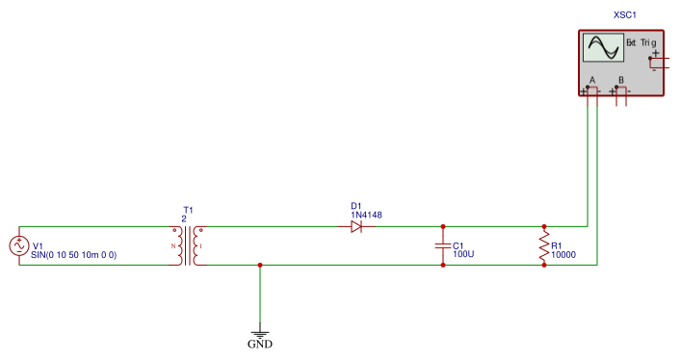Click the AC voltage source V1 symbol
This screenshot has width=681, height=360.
click(x=19, y=245)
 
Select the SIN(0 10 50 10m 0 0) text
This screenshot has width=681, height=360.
click(x=74, y=255)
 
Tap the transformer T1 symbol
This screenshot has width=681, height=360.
click(x=188, y=245)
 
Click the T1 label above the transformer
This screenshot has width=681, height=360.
click(x=188, y=210)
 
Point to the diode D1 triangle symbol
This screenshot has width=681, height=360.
click(x=356, y=226)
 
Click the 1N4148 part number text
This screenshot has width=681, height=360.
click(x=366, y=215)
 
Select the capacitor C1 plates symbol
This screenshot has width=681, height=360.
click(x=443, y=245)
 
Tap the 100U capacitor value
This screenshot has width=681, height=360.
click(x=463, y=254)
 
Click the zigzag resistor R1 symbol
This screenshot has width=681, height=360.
click(x=544, y=245)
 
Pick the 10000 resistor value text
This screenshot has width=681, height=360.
click(x=563, y=255)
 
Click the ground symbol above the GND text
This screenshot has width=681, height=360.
click(x=260, y=334)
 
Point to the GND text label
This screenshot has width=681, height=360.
click(x=260, y=345)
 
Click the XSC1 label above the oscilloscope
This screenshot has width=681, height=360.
click(x=625, y=15)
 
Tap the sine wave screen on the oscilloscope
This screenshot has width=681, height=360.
click(x=603, y=48)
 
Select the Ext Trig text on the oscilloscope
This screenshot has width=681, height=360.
click(x=642, y=42)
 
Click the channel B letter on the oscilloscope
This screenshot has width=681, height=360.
click(x=621, y=80)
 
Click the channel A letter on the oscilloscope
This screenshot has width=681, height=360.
click(x=592, y=80)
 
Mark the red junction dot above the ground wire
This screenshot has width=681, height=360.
click(x=260, y=265)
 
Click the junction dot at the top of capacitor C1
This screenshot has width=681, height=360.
click(x=443, y=226)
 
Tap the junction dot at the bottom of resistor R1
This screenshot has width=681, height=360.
click(x=544, y=265)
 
